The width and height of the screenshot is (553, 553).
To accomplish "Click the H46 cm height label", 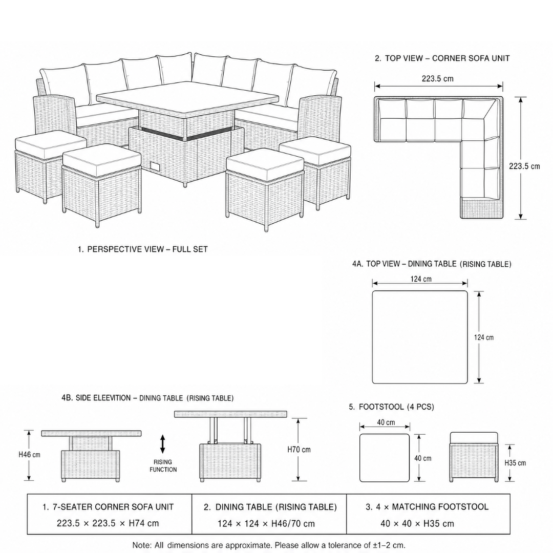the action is tap(29, 455).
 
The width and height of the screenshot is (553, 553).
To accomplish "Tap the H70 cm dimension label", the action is tap(299, 450).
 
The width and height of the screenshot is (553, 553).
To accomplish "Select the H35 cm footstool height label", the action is tap(515, 463).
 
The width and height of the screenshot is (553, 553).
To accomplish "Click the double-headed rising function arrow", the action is tap(163, 444).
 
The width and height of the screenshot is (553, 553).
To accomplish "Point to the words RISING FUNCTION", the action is tap(163, 465).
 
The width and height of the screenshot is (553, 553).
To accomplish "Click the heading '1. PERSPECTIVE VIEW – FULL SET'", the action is tap(143, 249).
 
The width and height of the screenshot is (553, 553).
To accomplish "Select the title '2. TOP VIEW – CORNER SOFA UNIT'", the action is tap(442, 58).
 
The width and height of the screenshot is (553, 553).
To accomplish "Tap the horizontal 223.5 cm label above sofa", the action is tap(438, 79).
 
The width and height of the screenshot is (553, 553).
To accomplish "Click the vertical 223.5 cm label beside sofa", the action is tap(524, 166).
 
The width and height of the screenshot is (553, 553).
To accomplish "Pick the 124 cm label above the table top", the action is tap(421, 279).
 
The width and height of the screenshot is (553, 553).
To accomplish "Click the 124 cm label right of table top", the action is tap(483, 337).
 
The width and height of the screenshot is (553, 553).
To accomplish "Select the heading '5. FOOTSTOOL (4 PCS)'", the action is tap(392, 407).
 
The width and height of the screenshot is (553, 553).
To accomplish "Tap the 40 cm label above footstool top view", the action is tap(386, 422).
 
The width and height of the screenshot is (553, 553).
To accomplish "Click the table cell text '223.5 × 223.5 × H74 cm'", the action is tap(108, 523).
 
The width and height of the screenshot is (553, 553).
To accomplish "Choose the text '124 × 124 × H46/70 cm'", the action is tap(266, 524).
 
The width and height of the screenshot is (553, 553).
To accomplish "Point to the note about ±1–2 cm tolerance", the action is tap(269, 545).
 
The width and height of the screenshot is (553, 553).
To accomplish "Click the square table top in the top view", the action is tap(420, 337).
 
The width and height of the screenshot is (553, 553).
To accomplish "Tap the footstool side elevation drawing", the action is tap(474, 457).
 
